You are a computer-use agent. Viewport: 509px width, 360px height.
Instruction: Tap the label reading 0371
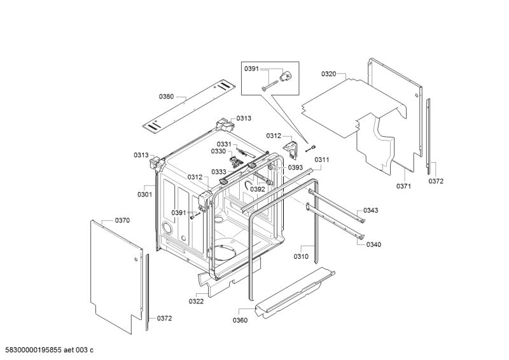[404, 186]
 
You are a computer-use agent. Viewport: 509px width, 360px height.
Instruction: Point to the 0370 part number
[122, 220]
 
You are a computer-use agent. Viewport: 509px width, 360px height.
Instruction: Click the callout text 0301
[144, 194]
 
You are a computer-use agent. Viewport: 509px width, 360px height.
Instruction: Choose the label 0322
[196, 301]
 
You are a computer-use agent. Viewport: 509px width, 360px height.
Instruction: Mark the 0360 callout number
[240, 320]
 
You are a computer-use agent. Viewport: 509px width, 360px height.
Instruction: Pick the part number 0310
[301, 256]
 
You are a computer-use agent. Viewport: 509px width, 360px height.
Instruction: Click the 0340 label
[373, 244]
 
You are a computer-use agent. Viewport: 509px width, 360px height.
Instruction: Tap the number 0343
[371, 211]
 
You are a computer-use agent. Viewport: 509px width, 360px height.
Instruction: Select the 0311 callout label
[322, 160]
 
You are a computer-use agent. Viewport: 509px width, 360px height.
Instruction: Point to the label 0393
[295, 168]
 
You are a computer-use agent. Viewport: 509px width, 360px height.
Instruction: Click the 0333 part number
[219, 172]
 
